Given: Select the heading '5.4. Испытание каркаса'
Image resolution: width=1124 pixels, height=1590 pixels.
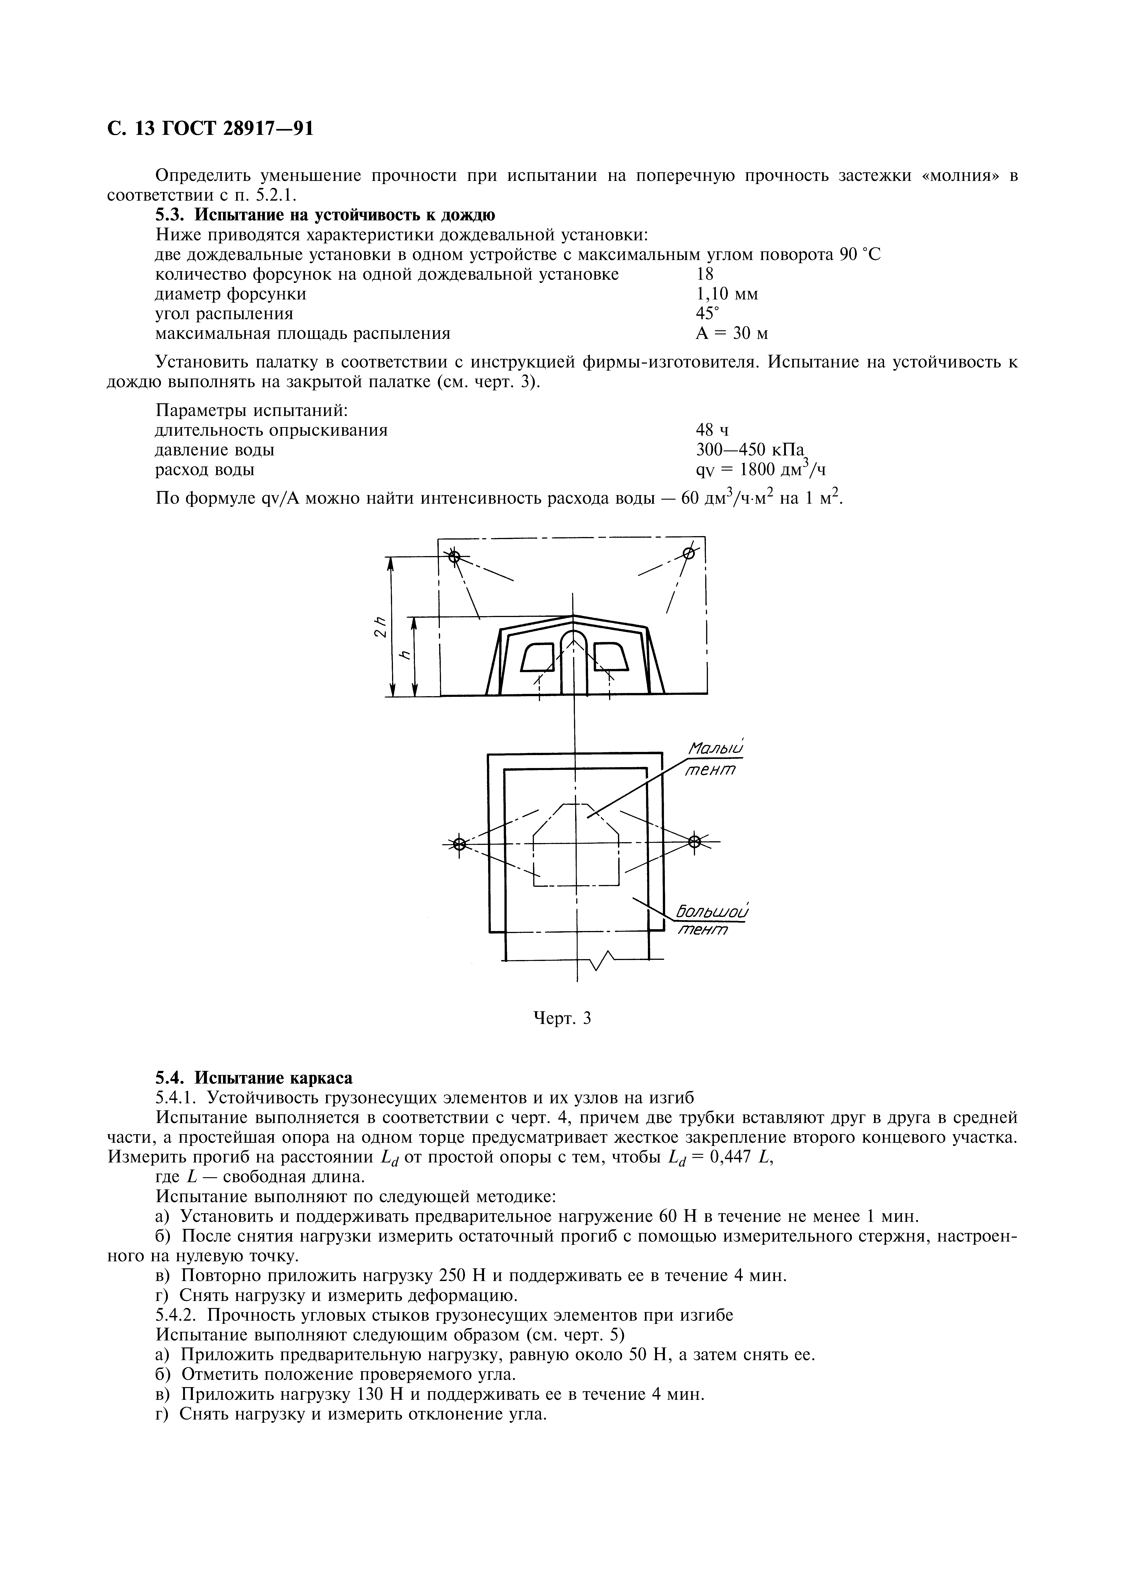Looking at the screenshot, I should pos(253,1078).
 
